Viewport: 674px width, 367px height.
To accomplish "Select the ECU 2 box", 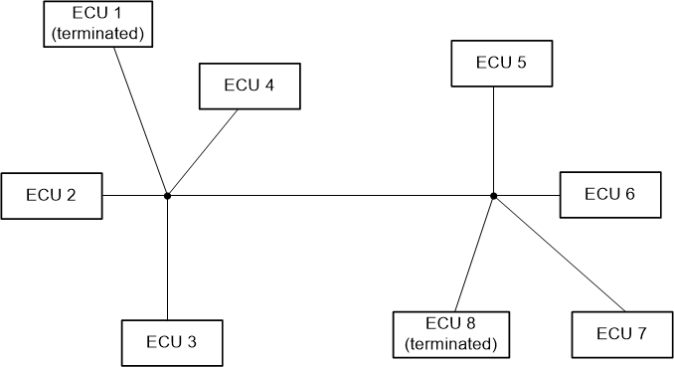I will pyautogui.click(x=52, y=195).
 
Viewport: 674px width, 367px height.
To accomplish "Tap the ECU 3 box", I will pyautogui.click(x=172, y=342).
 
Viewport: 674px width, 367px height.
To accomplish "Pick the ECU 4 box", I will pyautogui.click(x=250, y=86).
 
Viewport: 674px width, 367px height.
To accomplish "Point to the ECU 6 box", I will pyautogui.click(x=609, y=195).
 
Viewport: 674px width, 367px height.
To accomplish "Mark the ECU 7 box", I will pyautogui.click(x=622, y=334).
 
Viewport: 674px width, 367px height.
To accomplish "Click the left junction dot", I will pyautogui.click(x=167, y=196).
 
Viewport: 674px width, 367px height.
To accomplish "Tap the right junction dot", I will pyautogui.click(x=493, y=196).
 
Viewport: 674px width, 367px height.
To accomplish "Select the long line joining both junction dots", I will pyautogui.click(x=328, y=196).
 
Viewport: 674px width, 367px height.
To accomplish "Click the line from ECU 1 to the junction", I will pyautogui.click(x=140, y=120).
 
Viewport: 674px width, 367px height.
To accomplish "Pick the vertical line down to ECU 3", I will pyautogui.click(x=167, y=259).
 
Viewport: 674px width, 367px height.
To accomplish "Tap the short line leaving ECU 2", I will pyautogui.click(x=134, y=196).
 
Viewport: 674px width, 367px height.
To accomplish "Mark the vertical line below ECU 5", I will pyautogui.click(x=494, y=139).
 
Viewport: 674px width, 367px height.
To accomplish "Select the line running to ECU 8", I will pyautogui.click(x=474, y=254).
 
